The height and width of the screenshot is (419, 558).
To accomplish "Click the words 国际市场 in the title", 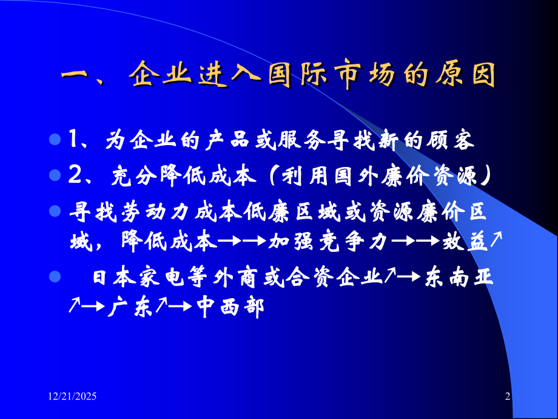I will tap(337, 78).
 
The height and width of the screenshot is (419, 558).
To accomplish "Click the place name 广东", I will tap(126, 309).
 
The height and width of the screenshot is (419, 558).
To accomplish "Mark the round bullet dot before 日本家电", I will tap(55, 277).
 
